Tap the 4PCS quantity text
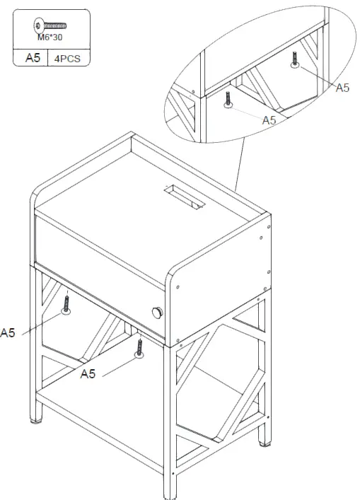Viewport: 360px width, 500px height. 69,58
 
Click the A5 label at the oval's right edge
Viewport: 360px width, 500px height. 342,88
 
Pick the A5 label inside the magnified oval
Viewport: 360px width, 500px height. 269,120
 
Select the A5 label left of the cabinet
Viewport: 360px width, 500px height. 7,332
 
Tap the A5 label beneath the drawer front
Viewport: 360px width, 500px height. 88,373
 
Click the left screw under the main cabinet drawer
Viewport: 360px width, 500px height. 66,306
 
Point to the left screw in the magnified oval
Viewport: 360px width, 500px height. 228,99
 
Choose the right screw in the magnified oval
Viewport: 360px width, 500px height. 294,59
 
